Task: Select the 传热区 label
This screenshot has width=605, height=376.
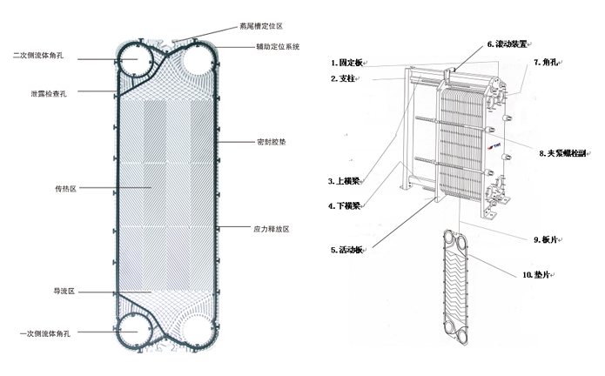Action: [65, 188]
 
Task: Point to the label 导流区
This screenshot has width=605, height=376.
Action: [65, 290]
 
